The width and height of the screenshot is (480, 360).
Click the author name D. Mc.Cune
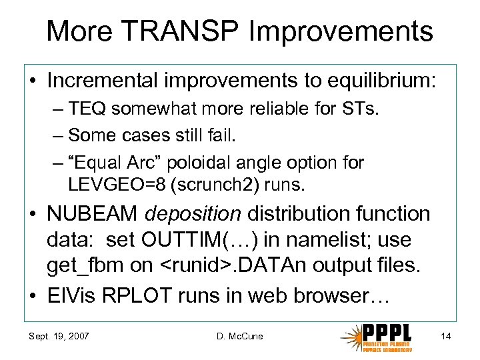coord(239,336)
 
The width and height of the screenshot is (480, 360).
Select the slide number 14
coord(446,336)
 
